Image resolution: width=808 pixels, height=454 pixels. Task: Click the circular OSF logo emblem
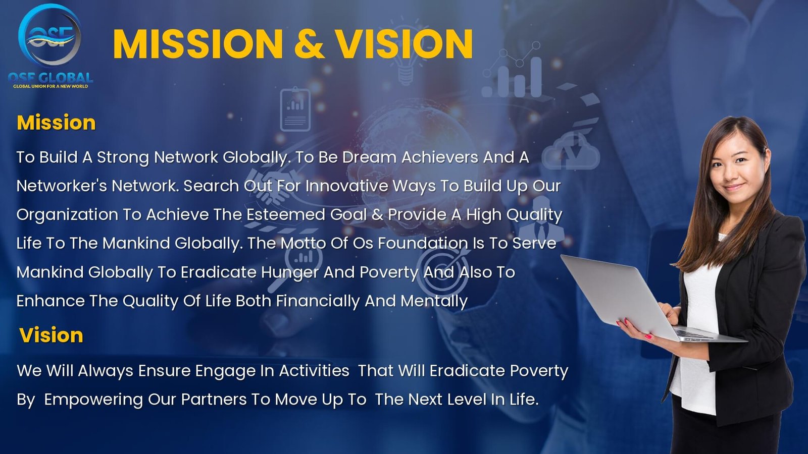click(x=49, y=35)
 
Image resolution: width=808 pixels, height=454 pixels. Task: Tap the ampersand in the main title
click(x=309, y=43)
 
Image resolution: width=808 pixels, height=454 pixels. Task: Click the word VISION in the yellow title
click(x=405, y=43)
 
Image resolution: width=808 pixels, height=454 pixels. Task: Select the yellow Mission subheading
click(x=56, y=123)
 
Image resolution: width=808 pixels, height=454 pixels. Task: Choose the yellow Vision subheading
click(x=51, y=335)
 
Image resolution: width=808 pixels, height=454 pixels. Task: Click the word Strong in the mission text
click(x=122, y=158)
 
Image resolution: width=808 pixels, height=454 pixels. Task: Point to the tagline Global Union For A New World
click(x=50, y=86)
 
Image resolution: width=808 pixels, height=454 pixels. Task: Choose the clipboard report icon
click(x=295, y=109)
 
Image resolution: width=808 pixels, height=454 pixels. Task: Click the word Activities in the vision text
click(x=314, y=371)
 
